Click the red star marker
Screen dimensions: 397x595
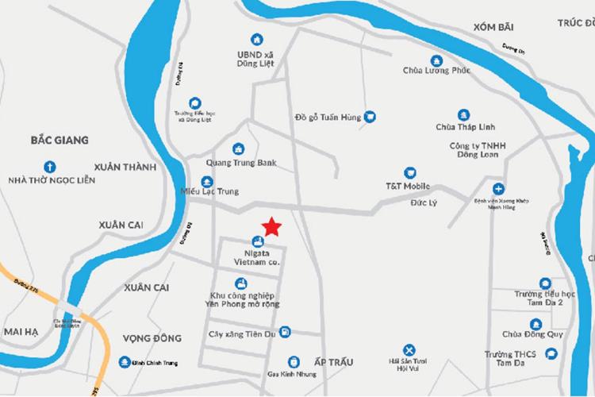[271, 227]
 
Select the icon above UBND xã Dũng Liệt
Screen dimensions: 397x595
[255, 39]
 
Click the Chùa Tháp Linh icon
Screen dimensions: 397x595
[463, 115]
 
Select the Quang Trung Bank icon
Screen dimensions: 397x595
[237, 148]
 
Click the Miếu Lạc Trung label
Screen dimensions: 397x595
[210, 191]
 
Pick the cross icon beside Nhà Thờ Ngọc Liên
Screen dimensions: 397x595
[49, 167]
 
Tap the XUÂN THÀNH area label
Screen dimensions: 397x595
[125, 167]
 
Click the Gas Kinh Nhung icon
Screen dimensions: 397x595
[294, 360]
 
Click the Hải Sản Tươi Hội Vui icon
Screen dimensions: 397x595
[409, 349]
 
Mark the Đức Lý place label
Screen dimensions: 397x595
[423, 202]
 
